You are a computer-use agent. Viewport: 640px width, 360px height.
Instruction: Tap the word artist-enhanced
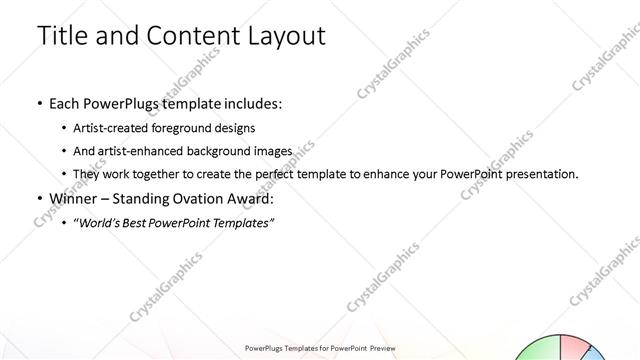tap(136, 151)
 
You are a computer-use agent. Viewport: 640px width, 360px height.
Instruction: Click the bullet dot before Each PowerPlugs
tap(39, 103)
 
